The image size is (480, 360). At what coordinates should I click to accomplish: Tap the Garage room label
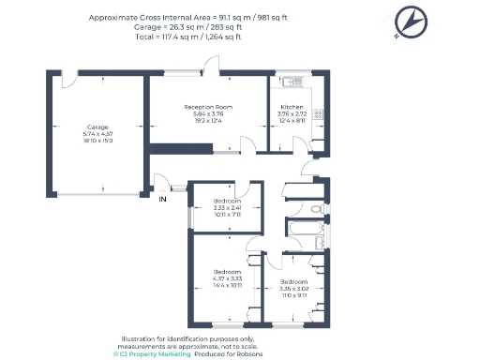tap(97, 126)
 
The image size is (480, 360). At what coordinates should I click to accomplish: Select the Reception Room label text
tap(207, 108)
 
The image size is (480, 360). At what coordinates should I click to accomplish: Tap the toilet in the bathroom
tap(317, 208)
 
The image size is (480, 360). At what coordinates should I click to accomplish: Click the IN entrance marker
tap(162, 199)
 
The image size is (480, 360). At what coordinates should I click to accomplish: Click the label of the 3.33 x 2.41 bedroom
tap(227, 202)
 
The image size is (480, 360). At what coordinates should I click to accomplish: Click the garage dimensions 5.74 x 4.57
tap(97, 133)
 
